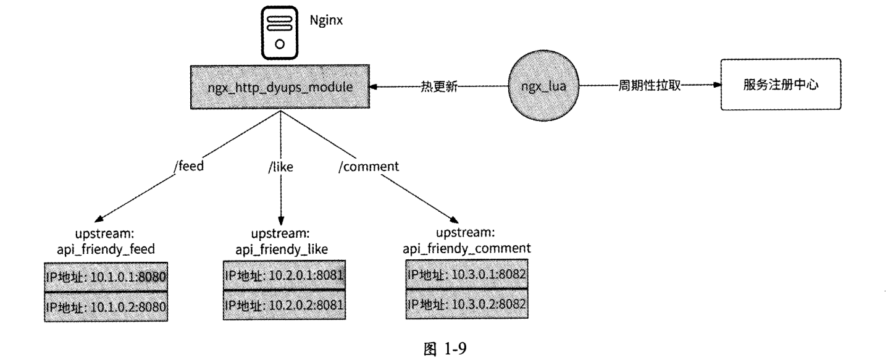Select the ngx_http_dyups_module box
280,88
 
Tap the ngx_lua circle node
537,87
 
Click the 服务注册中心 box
781,85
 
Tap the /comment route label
369,166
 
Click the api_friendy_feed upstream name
106,248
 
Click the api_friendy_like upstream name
282,248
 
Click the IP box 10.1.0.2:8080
106,306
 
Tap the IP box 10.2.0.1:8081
283,275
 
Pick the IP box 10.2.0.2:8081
283,304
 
